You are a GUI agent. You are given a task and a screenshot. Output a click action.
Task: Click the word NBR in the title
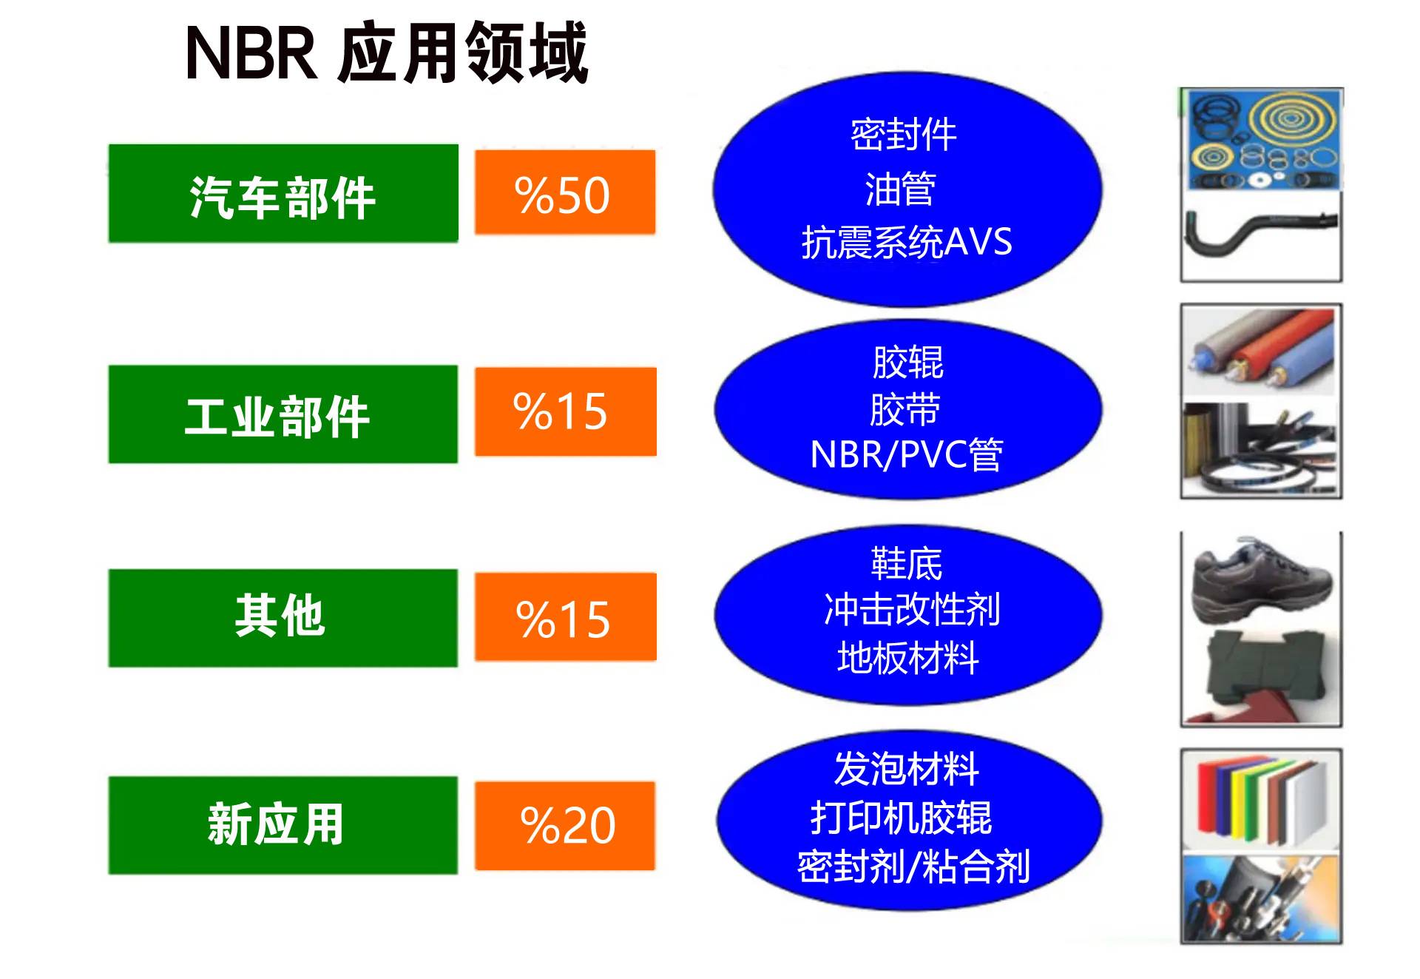click(251, 53)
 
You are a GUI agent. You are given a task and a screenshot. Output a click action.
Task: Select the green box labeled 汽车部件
click(283, 193)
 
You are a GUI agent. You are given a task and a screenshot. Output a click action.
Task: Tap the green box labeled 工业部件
click(283, 414)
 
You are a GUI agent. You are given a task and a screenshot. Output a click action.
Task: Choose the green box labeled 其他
click(283, 618)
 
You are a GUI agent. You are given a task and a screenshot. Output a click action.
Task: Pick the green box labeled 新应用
click(283, 825)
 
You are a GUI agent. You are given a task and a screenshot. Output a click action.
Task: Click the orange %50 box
click(565, 192)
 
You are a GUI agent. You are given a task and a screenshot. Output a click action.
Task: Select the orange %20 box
click(565, 826)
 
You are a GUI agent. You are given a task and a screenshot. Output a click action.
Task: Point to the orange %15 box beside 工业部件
click(566, 411)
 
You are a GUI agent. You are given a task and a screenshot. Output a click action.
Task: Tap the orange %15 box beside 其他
click(566, 617)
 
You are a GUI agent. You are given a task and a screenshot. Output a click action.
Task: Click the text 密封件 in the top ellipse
click(904, 135)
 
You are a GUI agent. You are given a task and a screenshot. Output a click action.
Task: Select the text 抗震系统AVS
click(907, 242)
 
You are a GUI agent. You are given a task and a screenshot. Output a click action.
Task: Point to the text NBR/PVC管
click(907, 454)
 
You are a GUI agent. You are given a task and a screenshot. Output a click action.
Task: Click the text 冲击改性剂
click(912, 610)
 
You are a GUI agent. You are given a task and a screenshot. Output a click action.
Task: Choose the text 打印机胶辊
click(902, 818)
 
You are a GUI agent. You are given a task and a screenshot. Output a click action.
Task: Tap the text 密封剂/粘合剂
click(913, 867)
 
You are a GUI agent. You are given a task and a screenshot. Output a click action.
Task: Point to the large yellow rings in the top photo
click(1291, 118)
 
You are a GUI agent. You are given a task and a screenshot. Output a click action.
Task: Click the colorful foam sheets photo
click(1262, 801)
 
